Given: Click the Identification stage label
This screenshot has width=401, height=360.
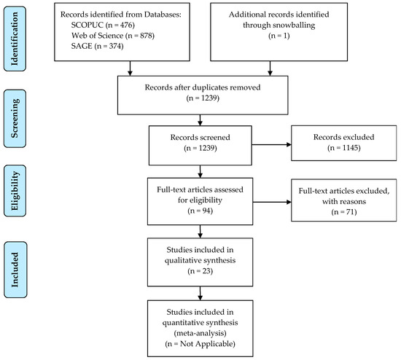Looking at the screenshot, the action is point(15,39).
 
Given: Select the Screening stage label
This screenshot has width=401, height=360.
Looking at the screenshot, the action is point(15,118).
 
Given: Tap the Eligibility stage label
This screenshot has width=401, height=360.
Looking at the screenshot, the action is point(15,191).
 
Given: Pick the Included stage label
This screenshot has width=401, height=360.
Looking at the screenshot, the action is point(15,270).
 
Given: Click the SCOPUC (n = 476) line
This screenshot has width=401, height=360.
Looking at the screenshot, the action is point(103,25).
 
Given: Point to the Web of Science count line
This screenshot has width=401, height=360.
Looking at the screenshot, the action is point(113,36).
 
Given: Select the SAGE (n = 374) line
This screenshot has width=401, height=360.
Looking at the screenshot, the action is point(97,46).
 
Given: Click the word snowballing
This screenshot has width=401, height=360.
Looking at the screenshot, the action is point(292,26).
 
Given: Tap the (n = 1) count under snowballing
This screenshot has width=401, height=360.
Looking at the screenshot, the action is point(279,36).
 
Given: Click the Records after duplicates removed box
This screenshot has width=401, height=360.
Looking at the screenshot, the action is point(203,95).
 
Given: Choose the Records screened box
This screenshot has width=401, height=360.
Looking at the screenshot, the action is point(200,145).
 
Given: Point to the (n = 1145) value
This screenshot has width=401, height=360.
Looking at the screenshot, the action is point(344,148).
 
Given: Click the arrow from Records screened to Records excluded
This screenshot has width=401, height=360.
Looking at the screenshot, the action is point(272,145).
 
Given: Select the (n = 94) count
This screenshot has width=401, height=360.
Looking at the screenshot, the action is point(200,211).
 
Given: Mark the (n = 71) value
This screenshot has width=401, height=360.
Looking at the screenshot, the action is point(344,212).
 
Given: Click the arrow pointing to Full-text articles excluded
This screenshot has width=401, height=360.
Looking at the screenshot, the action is point(272,202).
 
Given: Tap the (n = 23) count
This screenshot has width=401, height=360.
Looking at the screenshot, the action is point(200,271).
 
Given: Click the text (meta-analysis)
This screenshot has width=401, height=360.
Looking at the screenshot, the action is point(200,333).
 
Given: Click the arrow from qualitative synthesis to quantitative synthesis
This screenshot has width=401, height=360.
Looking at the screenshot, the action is point(200,293).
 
